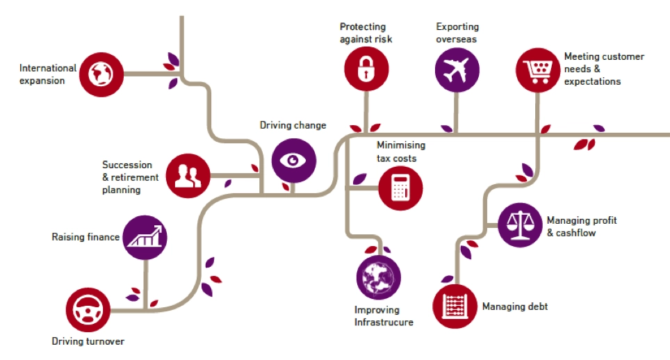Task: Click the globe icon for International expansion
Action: point(101,72)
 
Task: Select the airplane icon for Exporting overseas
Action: point(457,71)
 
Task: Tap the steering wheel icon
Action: point(88,309)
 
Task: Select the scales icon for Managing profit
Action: point(521,225)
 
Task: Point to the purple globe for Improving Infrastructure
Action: point(378,277)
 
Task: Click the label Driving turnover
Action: point(88,341)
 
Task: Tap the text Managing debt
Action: point(514,306)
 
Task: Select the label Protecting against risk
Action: point(366,33)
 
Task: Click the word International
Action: point(48,69)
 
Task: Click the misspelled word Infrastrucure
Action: point(384,322)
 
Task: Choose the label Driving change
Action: point(293,126)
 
